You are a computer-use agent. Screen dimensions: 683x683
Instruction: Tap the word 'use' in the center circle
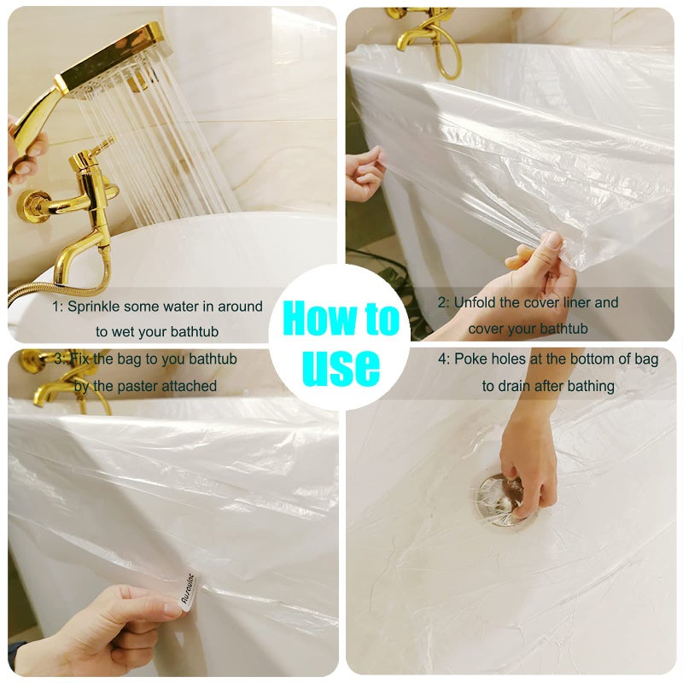click(x=341, y=367)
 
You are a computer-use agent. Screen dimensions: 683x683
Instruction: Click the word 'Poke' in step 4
click(x=470, y=359)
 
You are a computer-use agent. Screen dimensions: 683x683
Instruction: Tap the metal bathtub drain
click(x=501, y=499)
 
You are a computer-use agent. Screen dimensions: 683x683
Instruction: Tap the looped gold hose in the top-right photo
click(x=449, y=55)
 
